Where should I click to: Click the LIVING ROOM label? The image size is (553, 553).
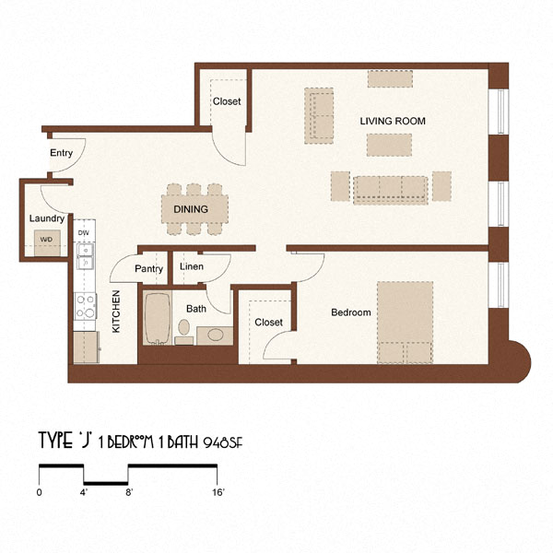[x=393, y=122]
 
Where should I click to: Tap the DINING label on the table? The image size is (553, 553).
[x=190, y=209]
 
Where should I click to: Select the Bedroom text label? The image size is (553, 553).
[x=351, y=312]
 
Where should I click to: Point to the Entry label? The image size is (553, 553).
[x=62, y=153]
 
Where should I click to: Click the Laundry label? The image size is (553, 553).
[x=46, y=218]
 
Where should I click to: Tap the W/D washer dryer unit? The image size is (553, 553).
[x=45, y=241]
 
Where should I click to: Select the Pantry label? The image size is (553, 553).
[x=148, y=269]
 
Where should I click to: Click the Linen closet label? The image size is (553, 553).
[x=192, y=267]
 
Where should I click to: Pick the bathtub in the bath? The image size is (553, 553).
[x=156, y=318]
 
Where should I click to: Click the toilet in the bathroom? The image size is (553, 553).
[x=183, y=328]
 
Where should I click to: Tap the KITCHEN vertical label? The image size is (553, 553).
[x=117, y=311]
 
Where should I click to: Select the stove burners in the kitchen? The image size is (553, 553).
[x=85, y=305]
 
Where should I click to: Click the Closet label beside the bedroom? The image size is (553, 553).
[x=268, y=323]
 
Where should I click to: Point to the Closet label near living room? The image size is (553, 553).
[x=226, y=101]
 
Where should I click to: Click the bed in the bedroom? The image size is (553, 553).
[x=406, y=323]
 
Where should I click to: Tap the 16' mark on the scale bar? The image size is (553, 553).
[x=218, y=493]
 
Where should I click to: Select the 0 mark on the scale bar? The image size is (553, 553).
[x=40, y=493]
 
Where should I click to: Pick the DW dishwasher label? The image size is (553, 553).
[x=84, y=233]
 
